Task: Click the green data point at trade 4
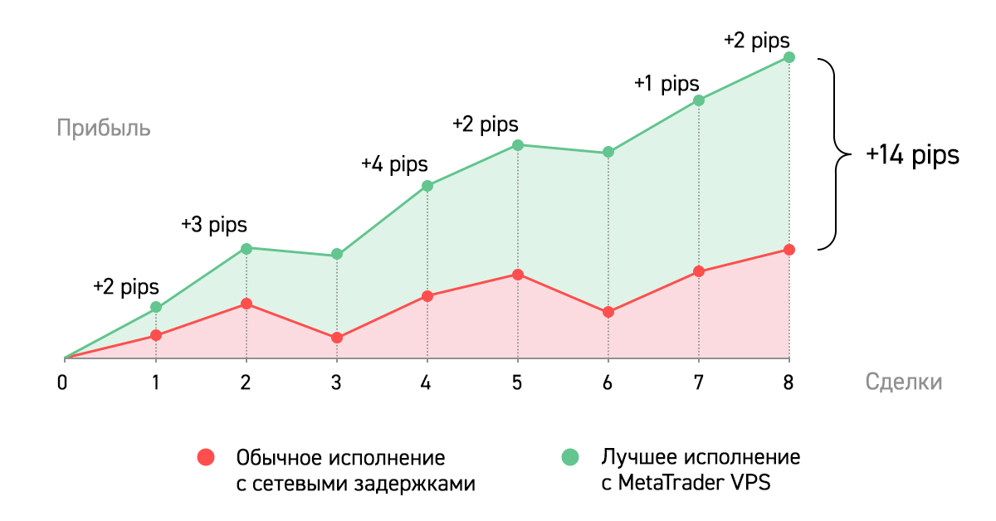click(427, 186)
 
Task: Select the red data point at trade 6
click(608, 312)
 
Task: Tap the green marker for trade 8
click(789, 57)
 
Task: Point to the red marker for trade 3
click(337, 338)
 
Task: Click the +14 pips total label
click(912, 156)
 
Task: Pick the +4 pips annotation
click(394, 163)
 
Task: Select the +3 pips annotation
click(213, 225)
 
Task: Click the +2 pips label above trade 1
click(125, 287)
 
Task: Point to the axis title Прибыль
click(104, 129)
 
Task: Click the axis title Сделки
click(904, 382)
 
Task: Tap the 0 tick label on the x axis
click(62, 382)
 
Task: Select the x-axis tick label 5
click(518, 382)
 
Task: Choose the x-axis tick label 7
click(699, 382)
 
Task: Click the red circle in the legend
click(205, 457)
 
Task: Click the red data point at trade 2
click(247, 304)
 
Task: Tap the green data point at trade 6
click(608, 152)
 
